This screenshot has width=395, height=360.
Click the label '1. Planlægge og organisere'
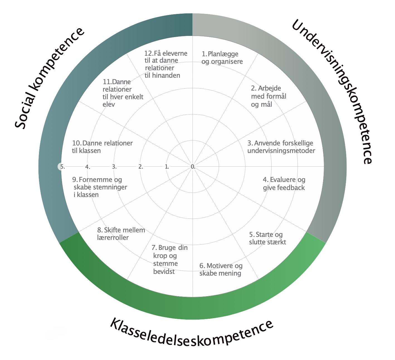pyautogui.click(x=222, y=58)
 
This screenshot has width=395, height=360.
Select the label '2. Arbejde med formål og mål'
pyautogui.click(x=268, y=96)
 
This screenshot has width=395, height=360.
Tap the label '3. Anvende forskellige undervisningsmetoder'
pyautogui.click(x=281, y=147)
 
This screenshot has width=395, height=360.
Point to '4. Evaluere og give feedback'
pyautogui.click(x=284, y=184)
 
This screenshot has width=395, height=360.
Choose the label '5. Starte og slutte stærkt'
pyautogui.click(x=267, y=238)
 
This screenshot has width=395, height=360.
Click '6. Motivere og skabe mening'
pyautogui.click(x=221, y=269)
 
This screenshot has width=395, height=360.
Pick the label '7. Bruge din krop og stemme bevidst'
pyautogui.click(x=169, y=259)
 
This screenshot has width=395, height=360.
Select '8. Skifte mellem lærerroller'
pyautogui.click(x=121, y=234)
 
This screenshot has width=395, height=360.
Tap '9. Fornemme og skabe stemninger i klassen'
pyautogui.click(x=99, y=187)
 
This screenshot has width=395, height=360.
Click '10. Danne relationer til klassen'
pyautogui.click(x=102, y=147)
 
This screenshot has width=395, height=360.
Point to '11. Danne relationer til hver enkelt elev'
pyautogui.click(x=123, y=93)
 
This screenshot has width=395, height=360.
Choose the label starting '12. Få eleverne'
pyautogui.click(x=166, y=64)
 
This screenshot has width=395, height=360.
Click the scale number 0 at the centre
pyautogui.click(x=193, y=167)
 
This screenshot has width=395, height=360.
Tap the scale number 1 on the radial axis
pyautogui.click(x=167, y=167)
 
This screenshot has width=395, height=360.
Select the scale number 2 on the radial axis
pyautogui.click(x=141, y=167)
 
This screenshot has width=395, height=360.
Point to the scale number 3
pyautogui.click(x=114, y=167)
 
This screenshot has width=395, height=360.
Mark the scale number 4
pyautogui.click(x=88, y=167)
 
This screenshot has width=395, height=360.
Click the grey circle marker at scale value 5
pyautogui.click(x=61, y=167)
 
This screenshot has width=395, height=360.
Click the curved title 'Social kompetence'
pyautogui.click(x=49, y=78)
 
